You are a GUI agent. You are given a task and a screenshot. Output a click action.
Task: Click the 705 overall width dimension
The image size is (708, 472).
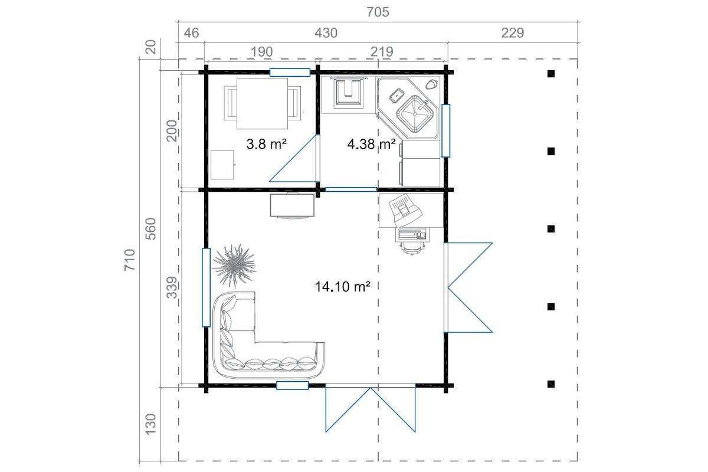click(378, 12)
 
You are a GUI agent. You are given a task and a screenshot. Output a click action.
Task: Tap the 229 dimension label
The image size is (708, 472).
click(512, 33)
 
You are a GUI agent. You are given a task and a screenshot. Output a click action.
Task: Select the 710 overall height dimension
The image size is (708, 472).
click(130, 260)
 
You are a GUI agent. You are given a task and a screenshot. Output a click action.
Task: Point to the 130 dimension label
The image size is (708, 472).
click(151, 425)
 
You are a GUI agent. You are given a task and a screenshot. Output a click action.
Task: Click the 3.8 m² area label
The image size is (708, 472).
click(267, 144)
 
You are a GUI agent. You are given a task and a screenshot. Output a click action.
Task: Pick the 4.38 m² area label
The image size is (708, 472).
click(371, 144)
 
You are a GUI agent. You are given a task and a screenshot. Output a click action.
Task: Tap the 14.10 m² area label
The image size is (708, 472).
click(342, 287)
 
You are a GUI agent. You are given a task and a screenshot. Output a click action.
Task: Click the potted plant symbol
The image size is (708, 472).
click(235, 265)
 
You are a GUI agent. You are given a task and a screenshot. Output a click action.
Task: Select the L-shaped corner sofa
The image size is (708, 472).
click(240, 363)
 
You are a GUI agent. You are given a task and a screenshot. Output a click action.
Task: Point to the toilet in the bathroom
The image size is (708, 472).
click(348, 91)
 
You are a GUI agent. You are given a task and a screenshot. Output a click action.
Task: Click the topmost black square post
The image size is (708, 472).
click(551, 74)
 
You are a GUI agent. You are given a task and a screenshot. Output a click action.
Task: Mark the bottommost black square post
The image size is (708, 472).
click(551, 384)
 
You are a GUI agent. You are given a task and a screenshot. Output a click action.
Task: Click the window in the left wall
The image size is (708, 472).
click(206, 287)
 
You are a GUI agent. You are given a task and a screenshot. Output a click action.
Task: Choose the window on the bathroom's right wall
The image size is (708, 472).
click(445, 130)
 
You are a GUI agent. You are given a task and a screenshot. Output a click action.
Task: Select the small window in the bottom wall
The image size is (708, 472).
click(293, 385)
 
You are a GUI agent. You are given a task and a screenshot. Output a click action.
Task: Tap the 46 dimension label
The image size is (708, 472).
click(191, 33)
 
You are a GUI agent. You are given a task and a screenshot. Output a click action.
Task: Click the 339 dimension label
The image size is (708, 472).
click(172, 287)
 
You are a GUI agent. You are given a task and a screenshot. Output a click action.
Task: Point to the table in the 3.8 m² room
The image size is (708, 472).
click(262, 103)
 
